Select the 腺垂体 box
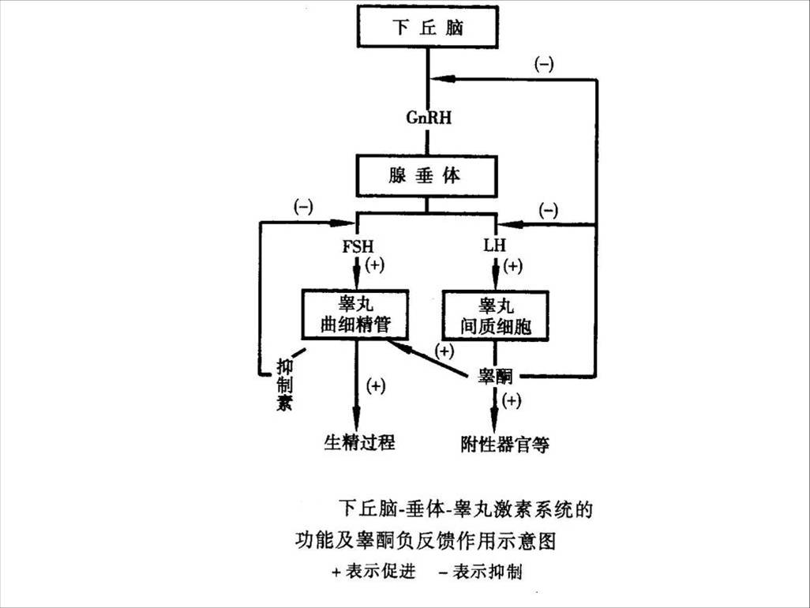click(x=426, y=176)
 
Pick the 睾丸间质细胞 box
click(x=495, y=315)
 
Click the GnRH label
click(x=427, y=117)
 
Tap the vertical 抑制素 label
click(x=285, y=386)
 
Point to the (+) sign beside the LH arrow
click(x=513, y=265)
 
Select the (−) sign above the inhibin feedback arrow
click(x=303, y=207)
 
